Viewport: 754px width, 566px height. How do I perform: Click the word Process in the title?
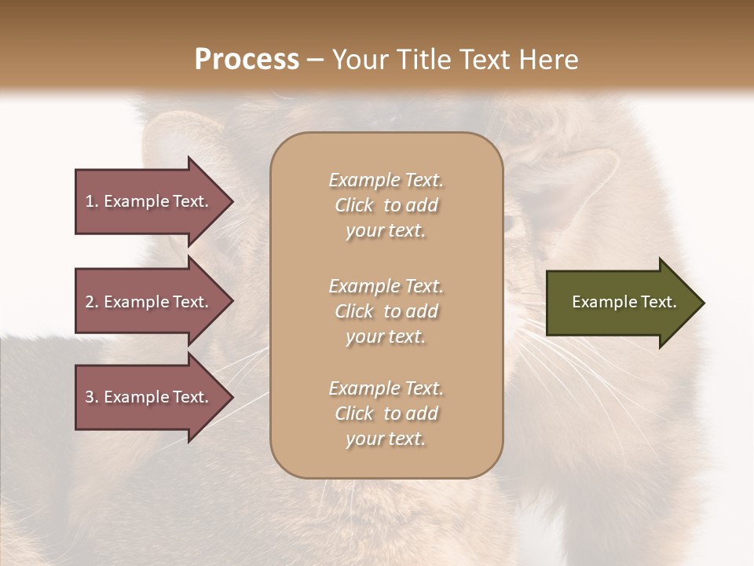coord(247,60)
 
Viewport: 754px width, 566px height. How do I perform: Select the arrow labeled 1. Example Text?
coord(149,201)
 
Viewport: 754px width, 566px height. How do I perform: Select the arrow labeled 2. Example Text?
coord(149,302)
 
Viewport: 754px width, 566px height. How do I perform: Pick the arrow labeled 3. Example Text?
coord(149,397)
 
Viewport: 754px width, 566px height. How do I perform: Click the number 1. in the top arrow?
coord(92,201)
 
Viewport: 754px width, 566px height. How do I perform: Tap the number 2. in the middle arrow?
coord(92,302)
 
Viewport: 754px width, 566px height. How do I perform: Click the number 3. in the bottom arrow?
coord(92,397)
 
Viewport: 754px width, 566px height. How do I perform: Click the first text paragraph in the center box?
coord(386,205)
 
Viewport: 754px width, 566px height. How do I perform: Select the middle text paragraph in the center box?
coord(386,311)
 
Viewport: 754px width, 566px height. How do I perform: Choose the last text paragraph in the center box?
coord(386,413)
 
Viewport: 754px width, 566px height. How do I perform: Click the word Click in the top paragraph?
coord(353,205)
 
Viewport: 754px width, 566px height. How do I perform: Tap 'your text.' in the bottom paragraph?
coord(386,439)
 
